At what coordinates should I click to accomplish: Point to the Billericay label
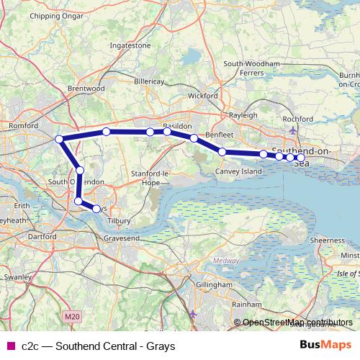150,81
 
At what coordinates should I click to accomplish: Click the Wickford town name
202,95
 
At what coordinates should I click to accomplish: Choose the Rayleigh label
243,115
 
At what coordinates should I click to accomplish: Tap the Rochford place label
297,119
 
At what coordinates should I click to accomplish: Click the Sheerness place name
328,240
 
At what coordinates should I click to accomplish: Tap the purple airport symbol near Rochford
292,130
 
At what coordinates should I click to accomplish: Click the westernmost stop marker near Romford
60,139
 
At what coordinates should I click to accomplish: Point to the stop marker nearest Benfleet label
194,138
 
